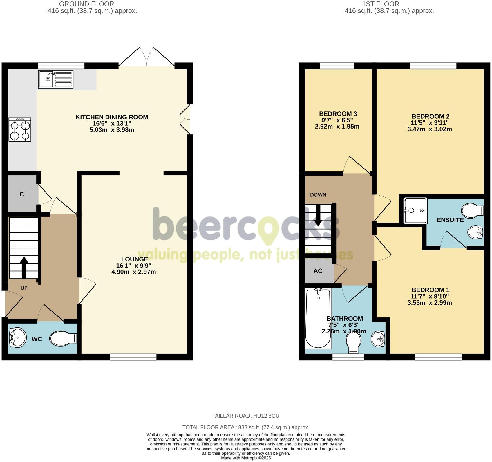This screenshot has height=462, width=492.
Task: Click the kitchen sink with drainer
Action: [x=55, y=79]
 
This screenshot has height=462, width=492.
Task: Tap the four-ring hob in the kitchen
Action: [x=20, y=129]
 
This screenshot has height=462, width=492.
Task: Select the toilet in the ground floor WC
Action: [x=63, y=338]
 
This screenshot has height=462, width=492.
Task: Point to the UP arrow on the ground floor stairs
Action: [x=23, y=268]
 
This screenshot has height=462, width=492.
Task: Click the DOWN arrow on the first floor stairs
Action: [x=318, y=215]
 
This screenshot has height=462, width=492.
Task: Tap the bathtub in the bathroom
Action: [x=318, y=318]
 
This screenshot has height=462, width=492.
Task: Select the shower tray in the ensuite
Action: [x=415, y=211]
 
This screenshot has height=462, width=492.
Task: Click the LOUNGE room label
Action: [x=134, y=259]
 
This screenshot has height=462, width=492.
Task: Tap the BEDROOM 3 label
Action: [x=338, y=114]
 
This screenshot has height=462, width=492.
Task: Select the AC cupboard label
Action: [x=318, y=271]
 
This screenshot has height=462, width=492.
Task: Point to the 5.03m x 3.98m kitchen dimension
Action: [x=112, y=130]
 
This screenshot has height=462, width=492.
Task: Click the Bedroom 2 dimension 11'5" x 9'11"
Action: [x=430, y=123]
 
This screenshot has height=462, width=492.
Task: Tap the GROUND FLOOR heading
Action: [x=86, y=4]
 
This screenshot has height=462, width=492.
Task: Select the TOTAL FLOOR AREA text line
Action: [x=246, y=427]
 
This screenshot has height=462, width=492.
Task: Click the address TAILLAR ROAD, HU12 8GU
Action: [x=246, y=416]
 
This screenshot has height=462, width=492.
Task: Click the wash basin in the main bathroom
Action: [x=378, y=338]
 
